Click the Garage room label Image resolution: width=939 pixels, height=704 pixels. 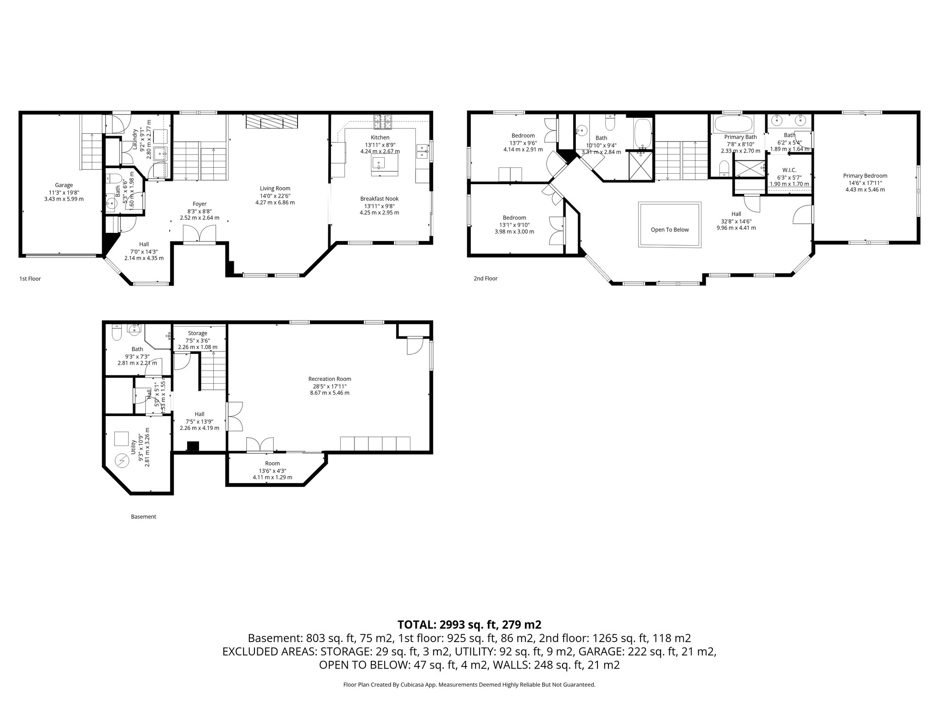click(64, 185)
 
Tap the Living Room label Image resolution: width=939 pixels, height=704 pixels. click(275, 188)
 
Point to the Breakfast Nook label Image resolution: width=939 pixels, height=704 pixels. click(379, 198)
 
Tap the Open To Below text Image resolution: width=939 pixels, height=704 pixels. click(669, 230)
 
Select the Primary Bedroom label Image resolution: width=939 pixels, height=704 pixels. click(865, 176)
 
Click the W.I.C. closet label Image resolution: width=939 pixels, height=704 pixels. click(790, 170)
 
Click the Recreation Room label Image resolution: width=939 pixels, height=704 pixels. click(330, 379)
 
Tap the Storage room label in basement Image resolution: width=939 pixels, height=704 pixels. click(198, 333)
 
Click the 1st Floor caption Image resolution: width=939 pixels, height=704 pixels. click(30, 278)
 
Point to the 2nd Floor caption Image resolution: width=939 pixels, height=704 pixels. click(486, 278)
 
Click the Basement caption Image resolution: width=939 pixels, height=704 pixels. click(144, 517)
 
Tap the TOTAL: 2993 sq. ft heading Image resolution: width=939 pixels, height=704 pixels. click(469, 624)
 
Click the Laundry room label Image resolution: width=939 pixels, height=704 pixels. click(135, 139)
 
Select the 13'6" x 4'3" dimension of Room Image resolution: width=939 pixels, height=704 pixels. click(272, 471)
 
